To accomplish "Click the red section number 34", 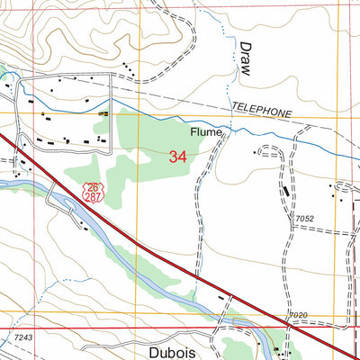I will pos(178,157).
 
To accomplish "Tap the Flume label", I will pos(204,132).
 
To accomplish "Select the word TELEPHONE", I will pos(263,112).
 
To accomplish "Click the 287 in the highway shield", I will pos(94,194).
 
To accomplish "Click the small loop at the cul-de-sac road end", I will pos(265,149).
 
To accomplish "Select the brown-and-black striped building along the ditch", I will pos(103,113).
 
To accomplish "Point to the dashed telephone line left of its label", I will pos(180,102).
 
